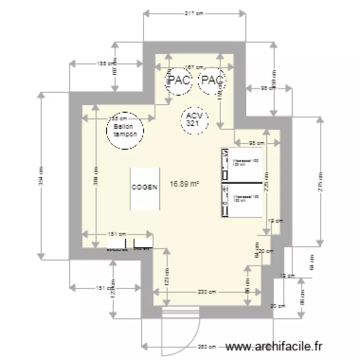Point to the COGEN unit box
pos(144,188)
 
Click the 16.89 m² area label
pos(185,183)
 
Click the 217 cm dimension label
pos(194,14)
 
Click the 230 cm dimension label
pos(208,292)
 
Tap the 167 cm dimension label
pos(194,68)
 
